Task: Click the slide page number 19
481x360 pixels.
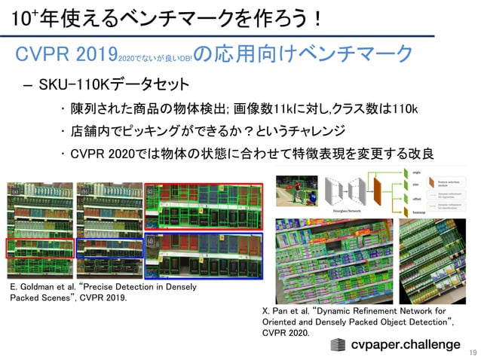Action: pos(473,352)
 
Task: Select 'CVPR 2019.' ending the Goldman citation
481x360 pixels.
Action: pos(105,298)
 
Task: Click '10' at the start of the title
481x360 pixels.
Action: pos(15,17)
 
